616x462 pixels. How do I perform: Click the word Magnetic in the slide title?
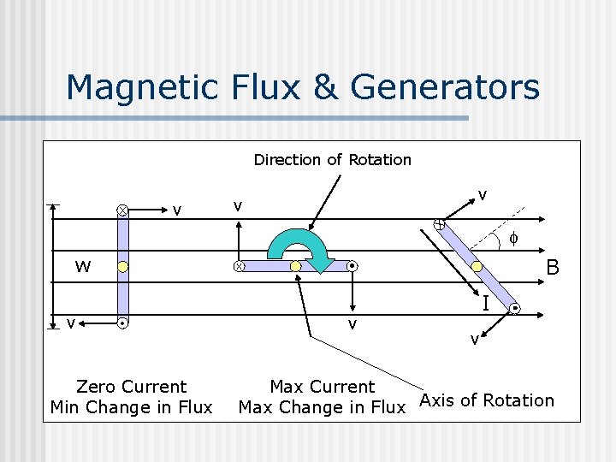point(144,87)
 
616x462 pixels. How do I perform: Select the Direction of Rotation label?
point(332,160)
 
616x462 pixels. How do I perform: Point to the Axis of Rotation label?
point(486,400)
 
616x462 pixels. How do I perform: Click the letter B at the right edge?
point(553,268)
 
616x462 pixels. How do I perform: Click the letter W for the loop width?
point(82,267)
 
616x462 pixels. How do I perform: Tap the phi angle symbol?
point(512,237)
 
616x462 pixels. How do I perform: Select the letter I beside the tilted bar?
point(485,303)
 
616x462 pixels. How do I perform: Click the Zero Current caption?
point(131,387)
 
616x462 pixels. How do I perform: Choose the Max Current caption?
point(322,387)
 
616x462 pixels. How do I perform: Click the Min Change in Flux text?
point(131,407)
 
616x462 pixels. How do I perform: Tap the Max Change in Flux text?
point(322,407)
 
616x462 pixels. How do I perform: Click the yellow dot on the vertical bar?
point(123,267)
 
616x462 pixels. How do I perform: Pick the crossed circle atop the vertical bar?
point(123,210)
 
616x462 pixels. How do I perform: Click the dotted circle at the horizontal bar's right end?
point(352,267)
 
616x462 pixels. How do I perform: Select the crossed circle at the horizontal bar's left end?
point(239,267)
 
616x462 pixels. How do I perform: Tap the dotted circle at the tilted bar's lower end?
point(515,308)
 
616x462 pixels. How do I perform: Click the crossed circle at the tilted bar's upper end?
point(438,225)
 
